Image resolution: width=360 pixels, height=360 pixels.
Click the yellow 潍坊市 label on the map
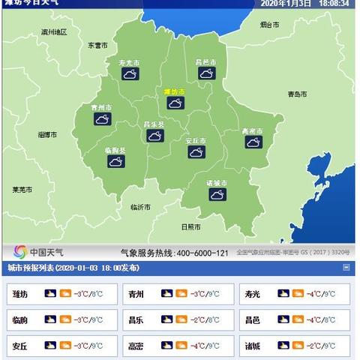[x=175, y=91]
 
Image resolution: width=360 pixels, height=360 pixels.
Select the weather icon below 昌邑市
[x=206, y=73]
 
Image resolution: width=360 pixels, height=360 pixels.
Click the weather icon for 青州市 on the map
[x=102, y=118]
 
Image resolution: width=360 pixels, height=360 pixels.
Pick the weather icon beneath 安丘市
[x=196, y=152]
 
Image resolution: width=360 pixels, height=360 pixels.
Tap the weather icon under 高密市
[x=253, y=141]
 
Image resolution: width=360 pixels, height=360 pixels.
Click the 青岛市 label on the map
[x=298, y=94]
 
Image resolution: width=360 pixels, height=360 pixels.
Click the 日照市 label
[x=191, y=226]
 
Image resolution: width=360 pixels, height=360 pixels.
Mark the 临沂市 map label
[x=140, y=207]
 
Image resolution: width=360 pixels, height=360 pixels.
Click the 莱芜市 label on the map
[x=22, y=190]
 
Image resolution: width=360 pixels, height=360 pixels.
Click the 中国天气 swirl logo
[x=21, y=251]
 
